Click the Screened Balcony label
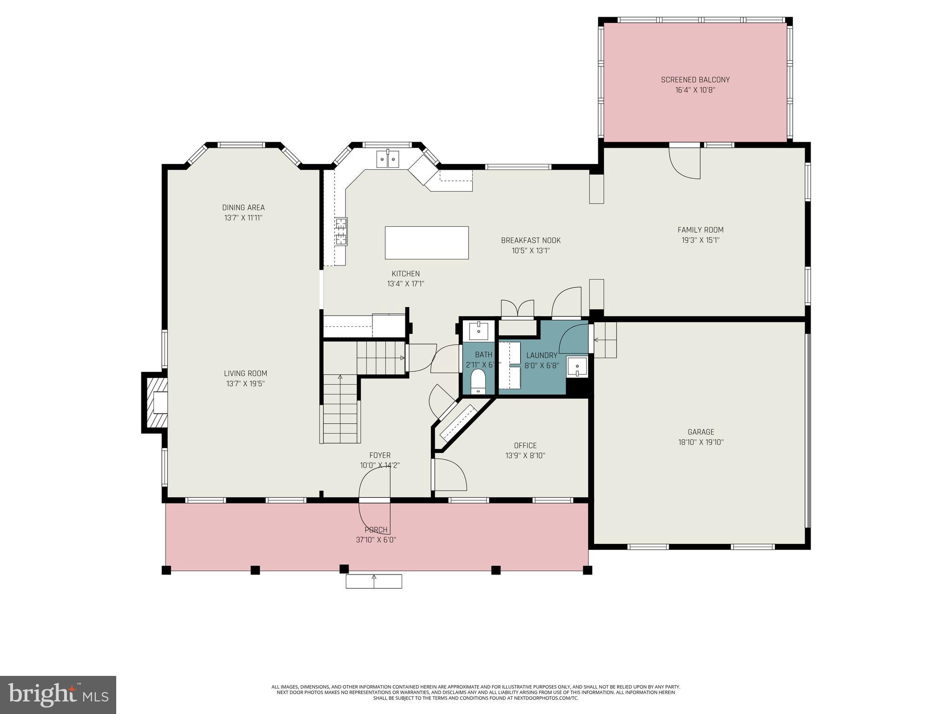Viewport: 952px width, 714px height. (x=695, y=79)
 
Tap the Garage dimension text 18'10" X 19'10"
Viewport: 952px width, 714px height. (x=701, y=442)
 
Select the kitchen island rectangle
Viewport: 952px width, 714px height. (x=426, y=243)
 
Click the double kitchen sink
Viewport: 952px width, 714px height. (x=387, y=159)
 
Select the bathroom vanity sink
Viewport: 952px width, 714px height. (x=478, y=331)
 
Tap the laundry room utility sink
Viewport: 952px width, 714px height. (x=577, y=367)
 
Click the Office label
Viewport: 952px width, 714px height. (x=525, y=445)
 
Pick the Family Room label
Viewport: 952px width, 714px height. (x=700, y=230)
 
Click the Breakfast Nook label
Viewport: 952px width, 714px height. (x=530, y=240)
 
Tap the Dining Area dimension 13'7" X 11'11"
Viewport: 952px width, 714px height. (x=243, y=218)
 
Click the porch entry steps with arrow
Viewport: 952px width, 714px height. (x=374, y=581)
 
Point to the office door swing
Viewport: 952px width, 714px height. (x=450, y=475)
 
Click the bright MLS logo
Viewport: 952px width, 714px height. (x=58, y=695)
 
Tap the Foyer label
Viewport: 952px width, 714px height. (x=380, y=455)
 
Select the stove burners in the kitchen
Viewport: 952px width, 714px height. (x=342, y=231)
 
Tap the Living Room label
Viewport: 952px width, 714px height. (x=245, y=373)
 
